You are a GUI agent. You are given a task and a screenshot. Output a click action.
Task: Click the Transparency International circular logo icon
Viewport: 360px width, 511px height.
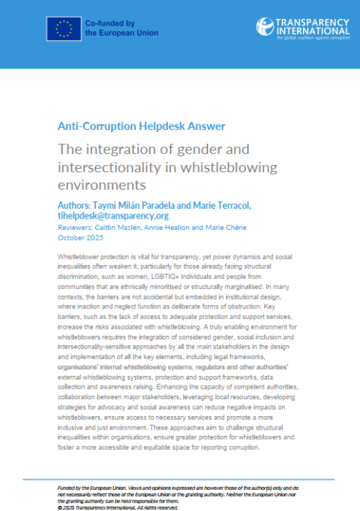click(266, 27)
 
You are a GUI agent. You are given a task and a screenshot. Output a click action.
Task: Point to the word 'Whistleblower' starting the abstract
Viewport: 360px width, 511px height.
click(82, 259)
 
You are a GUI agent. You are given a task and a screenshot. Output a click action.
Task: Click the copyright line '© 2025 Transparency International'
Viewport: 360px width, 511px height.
click(108, 507)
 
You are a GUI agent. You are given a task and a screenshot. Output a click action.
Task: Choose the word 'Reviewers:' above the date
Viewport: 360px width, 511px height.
click(73, 228)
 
